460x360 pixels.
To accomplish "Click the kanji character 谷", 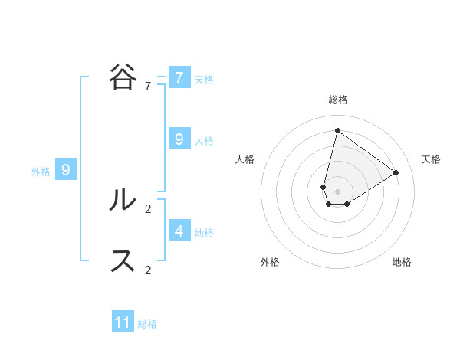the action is (x=123, y=77).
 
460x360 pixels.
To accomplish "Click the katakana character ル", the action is (x=123, y=200).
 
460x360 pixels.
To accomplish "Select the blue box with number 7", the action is (x=179, y=77).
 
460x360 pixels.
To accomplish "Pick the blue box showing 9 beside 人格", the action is (x=179, y=139).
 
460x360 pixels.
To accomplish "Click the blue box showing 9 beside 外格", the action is (x=66, y=170).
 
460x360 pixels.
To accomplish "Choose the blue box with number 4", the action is (x=179, y=230).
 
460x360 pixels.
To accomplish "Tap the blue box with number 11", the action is (x=123, y=322).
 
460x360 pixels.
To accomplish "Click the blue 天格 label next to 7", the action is (x=204, y=79).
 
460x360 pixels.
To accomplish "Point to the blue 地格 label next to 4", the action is (x=204, y=232).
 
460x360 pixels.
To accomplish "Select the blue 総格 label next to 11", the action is (x=147, y=324).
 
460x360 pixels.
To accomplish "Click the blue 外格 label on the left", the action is (x=41, y=172).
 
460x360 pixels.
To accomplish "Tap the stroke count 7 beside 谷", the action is (x=148, y=87).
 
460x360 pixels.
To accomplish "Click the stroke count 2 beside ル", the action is (x=148, y=208).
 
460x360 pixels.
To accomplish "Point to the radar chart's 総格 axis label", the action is (x=338, y=100).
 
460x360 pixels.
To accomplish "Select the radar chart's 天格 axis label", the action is (x=432, y=159).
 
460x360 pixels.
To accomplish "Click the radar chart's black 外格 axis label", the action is (x=270, y=262).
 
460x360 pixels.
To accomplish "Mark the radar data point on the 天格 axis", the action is (x=396, y=172).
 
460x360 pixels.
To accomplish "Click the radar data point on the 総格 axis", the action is (x=337, y=130).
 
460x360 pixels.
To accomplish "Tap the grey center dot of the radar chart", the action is (x=337, y=191).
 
